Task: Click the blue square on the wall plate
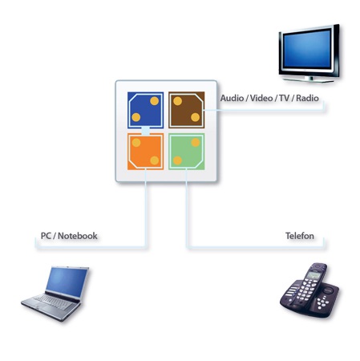click(145, 110)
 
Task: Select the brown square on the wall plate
click(187, 110)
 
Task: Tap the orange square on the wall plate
click(145, 152)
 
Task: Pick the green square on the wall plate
click(187, 152)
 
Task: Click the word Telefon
click(300, 236)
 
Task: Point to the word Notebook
click(78, 236)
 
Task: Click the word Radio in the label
click(307, 98)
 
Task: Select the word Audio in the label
click(232, 98)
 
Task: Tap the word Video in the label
click(261, 98)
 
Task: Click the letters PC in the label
click(46, 236)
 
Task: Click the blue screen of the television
click(307, 49)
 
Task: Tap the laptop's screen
click(67, 282)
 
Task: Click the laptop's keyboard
click(54, 302)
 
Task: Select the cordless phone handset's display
click(313, 274)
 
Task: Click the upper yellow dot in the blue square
click(154, 101)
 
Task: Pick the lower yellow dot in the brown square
click(195, 117)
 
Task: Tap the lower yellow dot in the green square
click(177, 160)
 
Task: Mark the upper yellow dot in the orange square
click(136, 143)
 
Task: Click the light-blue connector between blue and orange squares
click(145, 131)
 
